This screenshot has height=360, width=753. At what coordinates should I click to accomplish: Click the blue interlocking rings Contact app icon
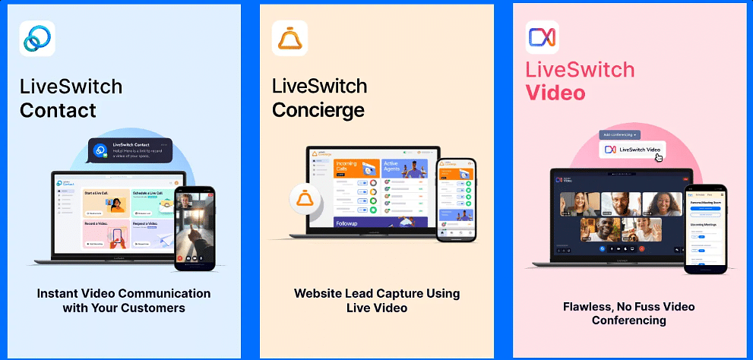37,38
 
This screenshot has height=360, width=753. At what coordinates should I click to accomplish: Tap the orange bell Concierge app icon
289,38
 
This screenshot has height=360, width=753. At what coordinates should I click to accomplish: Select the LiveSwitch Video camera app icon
543,38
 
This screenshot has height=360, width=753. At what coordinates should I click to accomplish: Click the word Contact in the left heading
58,110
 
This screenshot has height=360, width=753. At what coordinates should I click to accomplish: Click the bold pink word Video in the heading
555,93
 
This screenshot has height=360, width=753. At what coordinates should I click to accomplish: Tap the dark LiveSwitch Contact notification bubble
129,150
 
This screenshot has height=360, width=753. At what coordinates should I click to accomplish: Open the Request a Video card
150,234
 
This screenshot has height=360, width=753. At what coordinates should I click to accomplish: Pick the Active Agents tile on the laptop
404,168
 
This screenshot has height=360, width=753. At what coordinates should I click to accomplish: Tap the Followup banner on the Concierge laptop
380,223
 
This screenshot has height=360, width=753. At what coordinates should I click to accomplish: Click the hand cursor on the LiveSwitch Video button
659,157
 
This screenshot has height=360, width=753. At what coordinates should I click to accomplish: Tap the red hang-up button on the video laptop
641,248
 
